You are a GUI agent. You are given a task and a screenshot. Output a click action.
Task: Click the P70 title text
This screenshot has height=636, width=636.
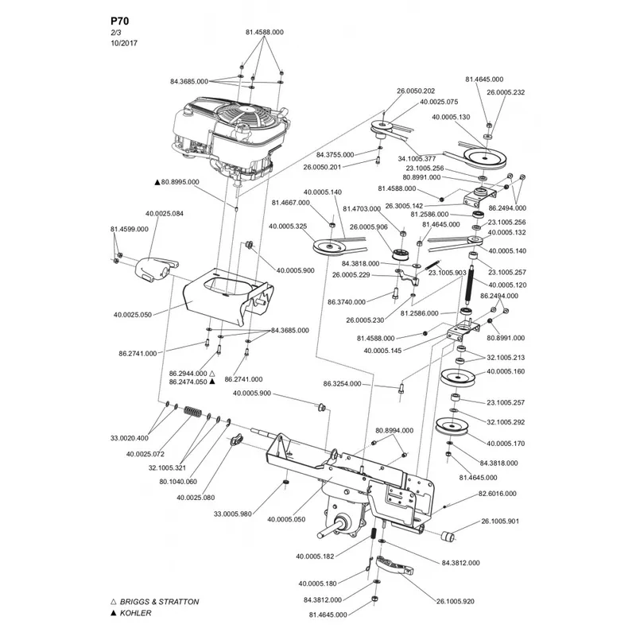click(x=120, y=21)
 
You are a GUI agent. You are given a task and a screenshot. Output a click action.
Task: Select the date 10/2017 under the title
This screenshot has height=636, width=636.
click(x=124, y=43)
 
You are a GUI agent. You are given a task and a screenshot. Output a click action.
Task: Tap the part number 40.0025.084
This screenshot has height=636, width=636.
click(x=165, y=213)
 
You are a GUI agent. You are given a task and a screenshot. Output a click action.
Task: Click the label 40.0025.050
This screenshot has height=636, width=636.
click(x=133, y=314)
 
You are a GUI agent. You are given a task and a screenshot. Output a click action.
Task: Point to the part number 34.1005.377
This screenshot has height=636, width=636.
click(x=417, y=158)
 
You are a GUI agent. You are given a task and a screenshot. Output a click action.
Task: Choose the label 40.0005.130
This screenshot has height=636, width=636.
click(x=451, y=117)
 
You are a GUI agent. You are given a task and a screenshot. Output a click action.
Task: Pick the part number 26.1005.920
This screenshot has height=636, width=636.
click(x=455, y=601)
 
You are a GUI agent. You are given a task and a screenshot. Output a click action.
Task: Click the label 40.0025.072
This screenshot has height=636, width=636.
click(x=145, y=454)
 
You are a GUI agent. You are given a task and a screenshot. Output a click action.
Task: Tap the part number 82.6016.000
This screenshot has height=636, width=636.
click(x=498, y=494)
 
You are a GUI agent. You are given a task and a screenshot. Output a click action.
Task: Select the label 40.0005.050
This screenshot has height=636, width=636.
click(x=286, y=519)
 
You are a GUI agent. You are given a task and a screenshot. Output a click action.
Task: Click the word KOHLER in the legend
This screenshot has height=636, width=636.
click(x=135, y=613)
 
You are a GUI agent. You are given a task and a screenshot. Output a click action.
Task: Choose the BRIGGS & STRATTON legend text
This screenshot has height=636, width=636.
click(x=160, y=602)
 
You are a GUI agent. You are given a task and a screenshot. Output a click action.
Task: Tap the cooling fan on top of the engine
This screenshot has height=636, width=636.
click(x=242, y=112)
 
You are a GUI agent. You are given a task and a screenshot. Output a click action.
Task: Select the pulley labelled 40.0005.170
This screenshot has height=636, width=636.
click(x=452, y=427)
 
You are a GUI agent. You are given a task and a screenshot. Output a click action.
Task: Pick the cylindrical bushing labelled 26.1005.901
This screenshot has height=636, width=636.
click(x=448, y=537)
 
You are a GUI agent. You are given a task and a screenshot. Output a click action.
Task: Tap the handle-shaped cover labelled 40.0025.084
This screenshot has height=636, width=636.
click(x=154, y=270)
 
